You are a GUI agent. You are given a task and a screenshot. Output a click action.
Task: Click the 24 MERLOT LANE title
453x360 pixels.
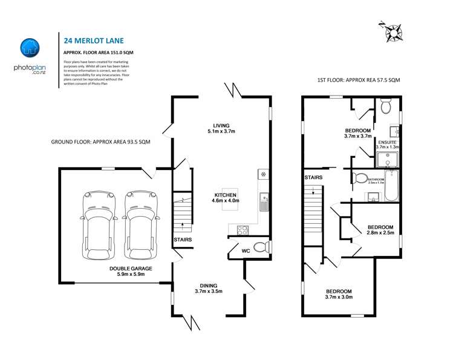(x=94, y=41)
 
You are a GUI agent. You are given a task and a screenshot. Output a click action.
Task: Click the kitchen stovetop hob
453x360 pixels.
(x=241, y=229)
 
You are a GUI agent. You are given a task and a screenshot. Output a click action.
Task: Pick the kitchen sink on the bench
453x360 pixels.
(x=264, y=202)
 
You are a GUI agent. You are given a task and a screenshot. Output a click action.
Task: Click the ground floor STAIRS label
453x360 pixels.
(x=183, y=240)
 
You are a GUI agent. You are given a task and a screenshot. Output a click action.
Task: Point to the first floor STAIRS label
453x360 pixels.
(x=313, y=177)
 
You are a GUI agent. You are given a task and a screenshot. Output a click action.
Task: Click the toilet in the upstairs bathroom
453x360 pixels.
(x=360, y=178)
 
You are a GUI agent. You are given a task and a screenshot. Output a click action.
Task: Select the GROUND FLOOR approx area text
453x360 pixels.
(x=100, y=142)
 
